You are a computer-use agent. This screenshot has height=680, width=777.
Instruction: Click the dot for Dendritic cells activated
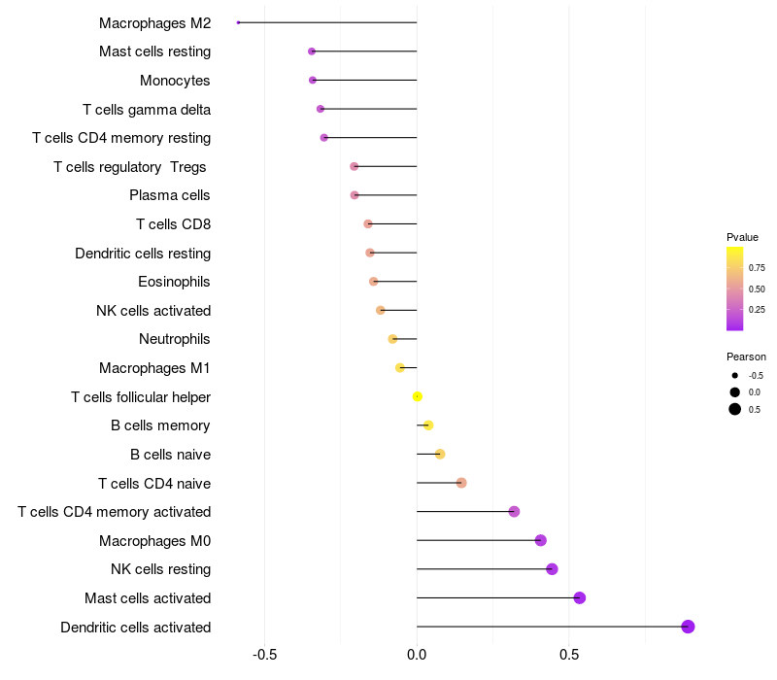pyautogui.click(x=688, y=627)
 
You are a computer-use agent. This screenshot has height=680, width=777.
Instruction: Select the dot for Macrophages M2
pyautogui.click(x=238, y=22)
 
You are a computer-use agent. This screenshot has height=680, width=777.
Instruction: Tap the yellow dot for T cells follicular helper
pyautogui.click(x=418, y=396)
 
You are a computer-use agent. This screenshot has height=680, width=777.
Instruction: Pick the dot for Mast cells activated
pyautogui.click(x=580, y=597)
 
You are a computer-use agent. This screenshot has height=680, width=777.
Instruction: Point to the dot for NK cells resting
pyautogui.click(x=552, y=569)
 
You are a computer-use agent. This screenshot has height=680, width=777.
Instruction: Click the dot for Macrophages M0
pyautogui.click(x=541, y=540)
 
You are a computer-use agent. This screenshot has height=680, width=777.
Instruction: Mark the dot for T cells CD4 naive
pyautogui.click(x=461, y=483)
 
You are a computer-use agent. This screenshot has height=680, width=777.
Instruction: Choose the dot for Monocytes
pyautogui.click(x=312, y=80)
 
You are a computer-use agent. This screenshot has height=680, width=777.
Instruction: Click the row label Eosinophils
pyautogui.click(x=175, y=282)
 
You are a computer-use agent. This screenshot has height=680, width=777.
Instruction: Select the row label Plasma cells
pyautogui.click(x=170, y=195)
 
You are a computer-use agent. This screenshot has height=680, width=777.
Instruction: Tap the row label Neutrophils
pyautogui.click(x=175, y=339)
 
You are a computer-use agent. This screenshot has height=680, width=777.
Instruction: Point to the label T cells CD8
pyautogui.click(x=173, y=224)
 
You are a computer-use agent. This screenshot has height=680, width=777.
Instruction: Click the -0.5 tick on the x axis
pyautogui.click(x=265, y=654)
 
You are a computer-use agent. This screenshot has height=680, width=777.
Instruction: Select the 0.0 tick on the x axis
pyautogui.click(x=417, y=654)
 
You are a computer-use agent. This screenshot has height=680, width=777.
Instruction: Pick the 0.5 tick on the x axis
pyautogui.click(x=569, y=654)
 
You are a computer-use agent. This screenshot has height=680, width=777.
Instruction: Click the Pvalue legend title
pyautogui.click(x=742, y=237)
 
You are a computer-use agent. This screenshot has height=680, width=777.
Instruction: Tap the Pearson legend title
pyautogui.click(x=746, y=357)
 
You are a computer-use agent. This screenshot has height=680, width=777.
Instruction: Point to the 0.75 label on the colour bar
pyautogui.click(x=757, y=267)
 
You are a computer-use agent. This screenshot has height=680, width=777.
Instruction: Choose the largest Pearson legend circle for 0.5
pyautogui.click(x=735, y=409)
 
